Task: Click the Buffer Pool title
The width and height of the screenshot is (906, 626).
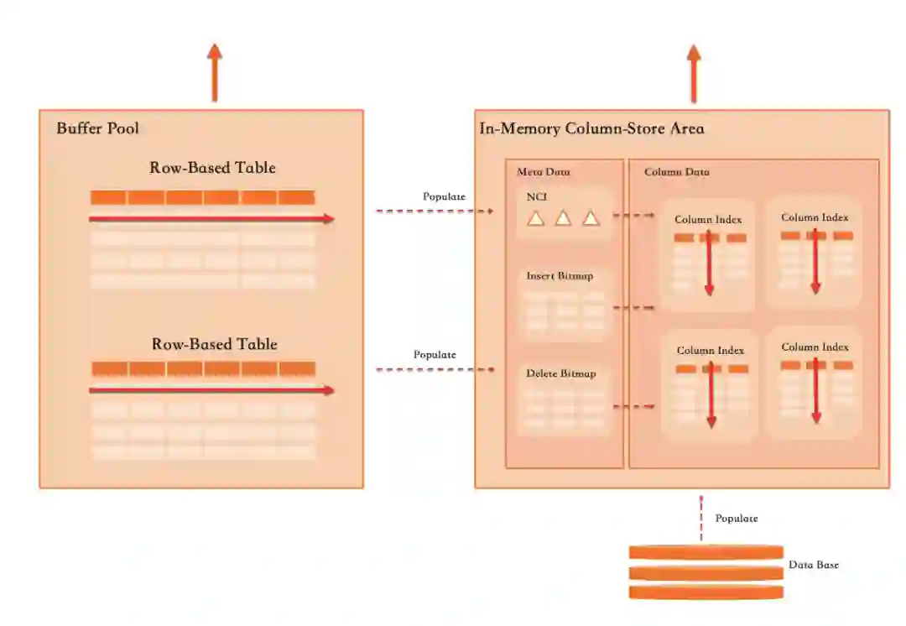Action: coord(97,128)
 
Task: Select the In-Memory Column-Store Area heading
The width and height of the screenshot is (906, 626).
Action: coord(591,129)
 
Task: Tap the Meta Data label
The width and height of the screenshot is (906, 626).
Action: coord(543,172)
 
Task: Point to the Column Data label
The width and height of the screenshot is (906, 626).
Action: coord(676,172)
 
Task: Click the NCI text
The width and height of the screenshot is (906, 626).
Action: coord(536,198)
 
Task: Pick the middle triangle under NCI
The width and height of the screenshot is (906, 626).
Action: coord(563,218)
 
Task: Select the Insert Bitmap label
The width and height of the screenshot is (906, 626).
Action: coord(560,276)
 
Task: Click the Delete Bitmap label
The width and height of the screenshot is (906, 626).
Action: coord(560,373)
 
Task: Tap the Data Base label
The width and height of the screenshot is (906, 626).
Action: coord(813,565)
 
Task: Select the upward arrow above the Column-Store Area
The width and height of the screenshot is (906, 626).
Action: coord(694,73)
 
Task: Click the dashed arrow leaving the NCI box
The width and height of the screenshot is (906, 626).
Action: coord(633,216)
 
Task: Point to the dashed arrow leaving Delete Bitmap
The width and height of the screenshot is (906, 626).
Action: coord(633,407)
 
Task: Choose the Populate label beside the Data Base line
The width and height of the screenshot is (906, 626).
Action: coord(736,519)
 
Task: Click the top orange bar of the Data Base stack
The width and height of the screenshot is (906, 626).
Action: coord(706,552)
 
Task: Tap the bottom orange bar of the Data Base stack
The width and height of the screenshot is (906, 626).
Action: coord(706,592)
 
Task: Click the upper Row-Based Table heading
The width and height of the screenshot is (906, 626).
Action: coord(212,168)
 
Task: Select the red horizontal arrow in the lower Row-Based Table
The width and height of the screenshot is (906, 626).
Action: coord(211,390)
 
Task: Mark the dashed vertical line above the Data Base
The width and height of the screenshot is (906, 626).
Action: coord(701,519)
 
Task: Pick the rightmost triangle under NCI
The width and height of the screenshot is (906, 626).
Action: coord(591,218)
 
